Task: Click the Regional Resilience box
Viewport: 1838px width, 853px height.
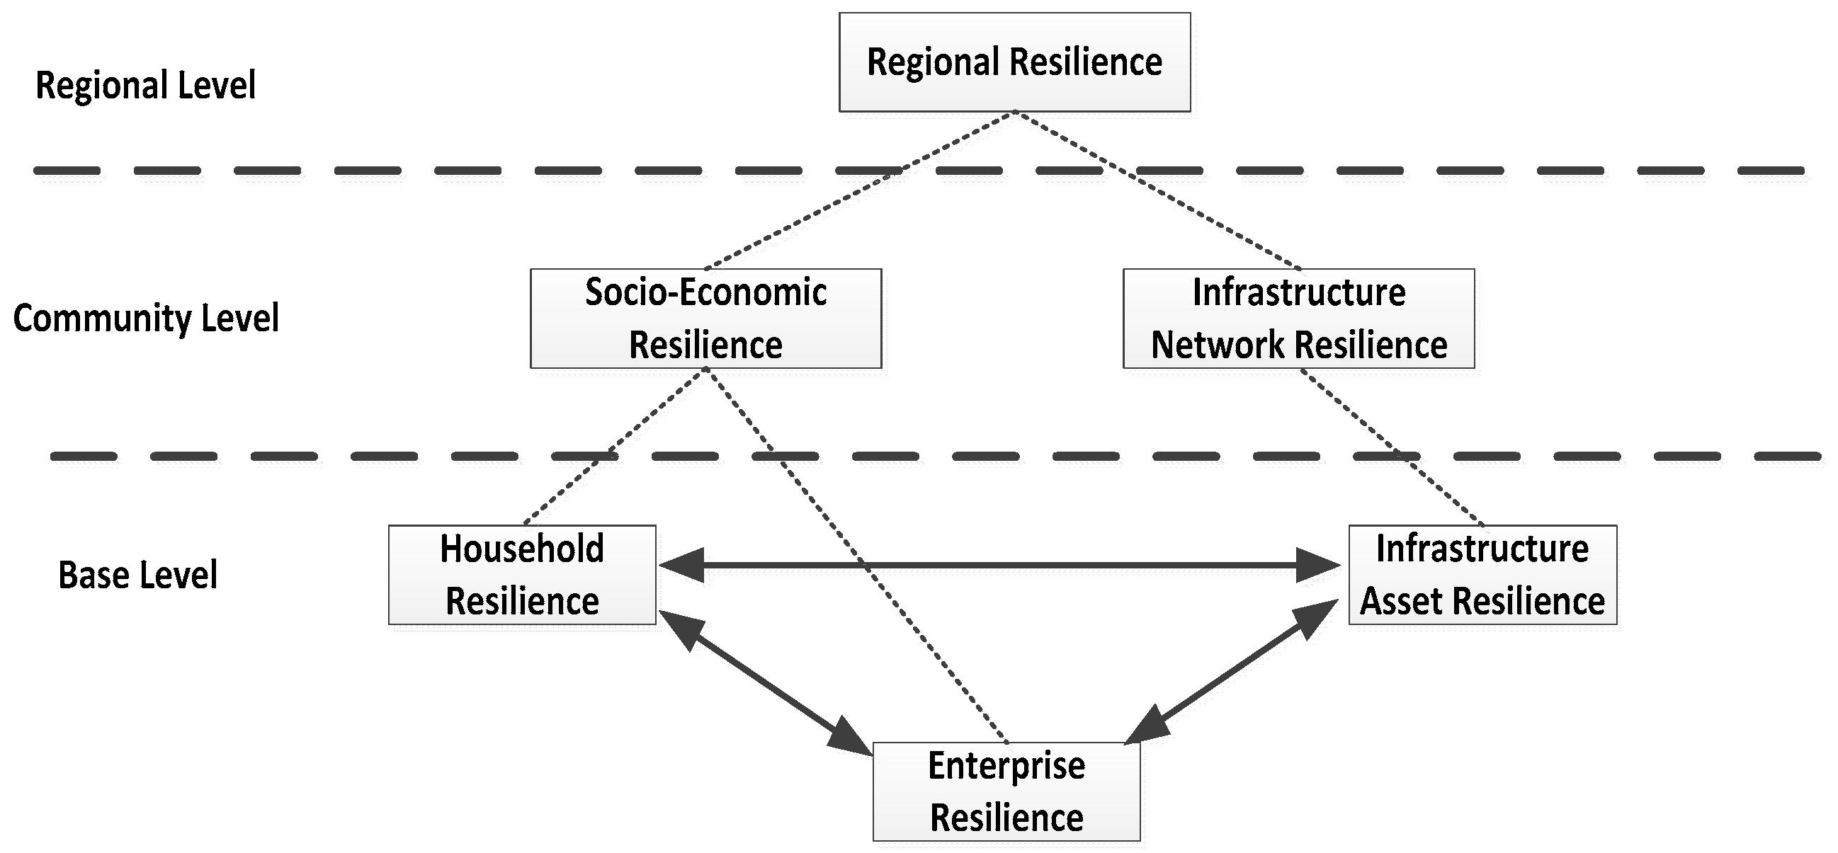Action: (1014, 62)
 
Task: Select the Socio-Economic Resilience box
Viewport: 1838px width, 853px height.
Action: (705, 318)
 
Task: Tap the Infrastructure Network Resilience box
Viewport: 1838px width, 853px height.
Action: (1298, 318)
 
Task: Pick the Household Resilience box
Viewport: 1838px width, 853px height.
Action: (521, 575)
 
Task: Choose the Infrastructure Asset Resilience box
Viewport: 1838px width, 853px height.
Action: (1482, 575)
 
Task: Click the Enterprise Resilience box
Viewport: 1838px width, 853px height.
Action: (1006, 791)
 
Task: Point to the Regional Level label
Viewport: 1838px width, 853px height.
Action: (146, 85)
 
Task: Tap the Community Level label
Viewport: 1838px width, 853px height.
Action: (146, 318)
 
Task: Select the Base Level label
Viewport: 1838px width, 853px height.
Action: (137, 575)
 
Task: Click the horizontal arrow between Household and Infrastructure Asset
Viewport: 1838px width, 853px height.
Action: (999, 566)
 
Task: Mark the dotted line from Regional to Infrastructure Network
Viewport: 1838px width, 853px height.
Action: (1156, 190)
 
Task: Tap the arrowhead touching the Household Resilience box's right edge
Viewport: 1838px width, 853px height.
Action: (681, 566)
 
